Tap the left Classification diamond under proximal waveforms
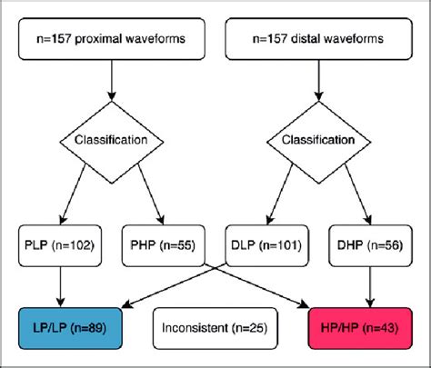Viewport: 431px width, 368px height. click(112, 142)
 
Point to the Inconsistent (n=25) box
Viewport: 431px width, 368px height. click(215, 325)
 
